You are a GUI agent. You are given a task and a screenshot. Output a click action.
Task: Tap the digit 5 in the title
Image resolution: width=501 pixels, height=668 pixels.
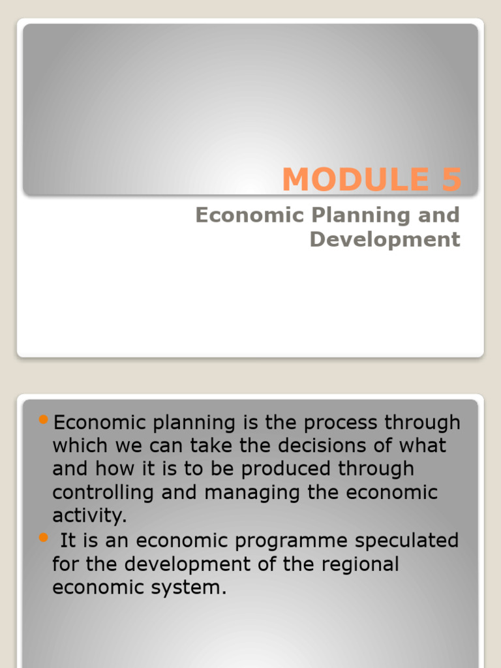click(x=451, y=180)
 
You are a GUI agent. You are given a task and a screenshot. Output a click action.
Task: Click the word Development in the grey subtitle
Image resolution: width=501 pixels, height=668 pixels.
click(x=385, y=239)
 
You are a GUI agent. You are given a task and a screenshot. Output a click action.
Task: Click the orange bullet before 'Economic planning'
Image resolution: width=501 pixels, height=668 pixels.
click(x=44, y=419)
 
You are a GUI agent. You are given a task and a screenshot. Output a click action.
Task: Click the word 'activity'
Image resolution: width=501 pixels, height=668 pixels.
click(x=88, y=517)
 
